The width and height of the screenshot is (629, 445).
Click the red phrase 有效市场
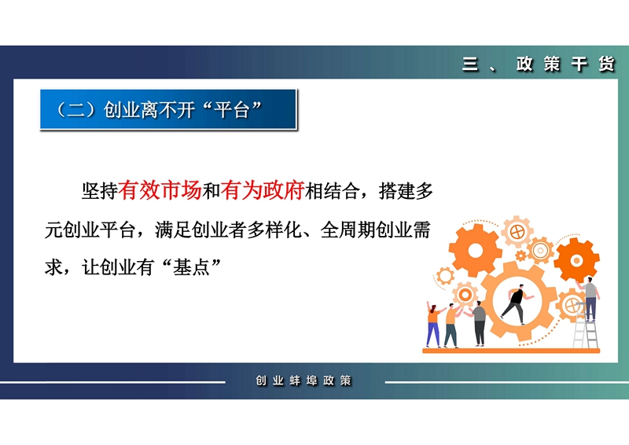(x=160, y=190)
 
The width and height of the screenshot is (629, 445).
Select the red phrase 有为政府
(x=263, y=190)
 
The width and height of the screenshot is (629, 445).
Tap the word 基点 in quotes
(x=191, y=267)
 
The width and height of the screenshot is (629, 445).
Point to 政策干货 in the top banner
(x=565, y=64)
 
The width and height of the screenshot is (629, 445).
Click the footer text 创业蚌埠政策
(x=303, y=381)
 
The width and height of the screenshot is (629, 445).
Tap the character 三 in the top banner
(x=470, y=64)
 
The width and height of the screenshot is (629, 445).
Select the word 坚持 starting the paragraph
(x=100, y=190)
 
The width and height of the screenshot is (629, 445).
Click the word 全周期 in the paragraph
(x=348, y=230)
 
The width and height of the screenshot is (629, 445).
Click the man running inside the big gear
(x=517, y=303)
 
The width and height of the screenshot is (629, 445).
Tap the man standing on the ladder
(x=589, y=299)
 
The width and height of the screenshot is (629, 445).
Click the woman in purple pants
(x=434, y=325)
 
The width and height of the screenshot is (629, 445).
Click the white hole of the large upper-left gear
(x=476, y=251)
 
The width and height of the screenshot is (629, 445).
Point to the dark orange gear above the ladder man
(x=576, y=260)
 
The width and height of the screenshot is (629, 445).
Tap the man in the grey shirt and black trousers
(x=479, y=323)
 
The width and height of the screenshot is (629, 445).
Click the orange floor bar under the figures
(x=511, y=351)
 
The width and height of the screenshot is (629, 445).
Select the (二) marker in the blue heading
(x=76, y=110)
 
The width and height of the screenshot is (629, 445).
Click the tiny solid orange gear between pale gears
(x=520, y=256)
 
